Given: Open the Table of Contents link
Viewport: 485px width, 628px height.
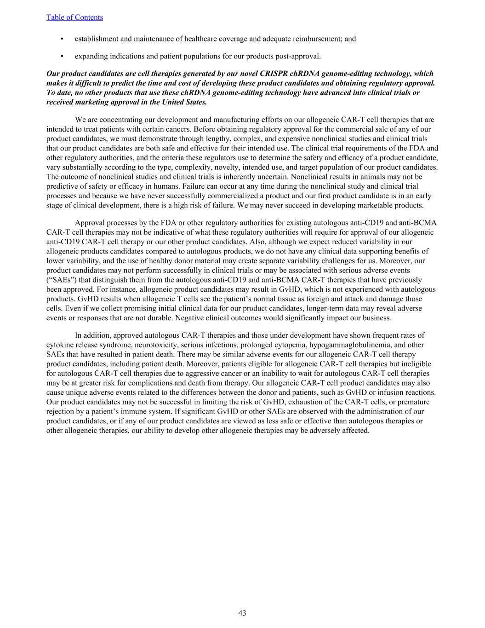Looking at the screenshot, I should coord(74,17).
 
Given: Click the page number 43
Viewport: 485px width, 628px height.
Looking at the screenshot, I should coord(242,613).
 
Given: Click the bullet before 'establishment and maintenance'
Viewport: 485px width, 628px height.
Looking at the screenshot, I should coord(62,39).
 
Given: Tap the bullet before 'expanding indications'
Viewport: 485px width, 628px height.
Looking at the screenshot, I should coord(62,56).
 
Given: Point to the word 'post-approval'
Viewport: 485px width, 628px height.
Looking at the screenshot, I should coord(298,56).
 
